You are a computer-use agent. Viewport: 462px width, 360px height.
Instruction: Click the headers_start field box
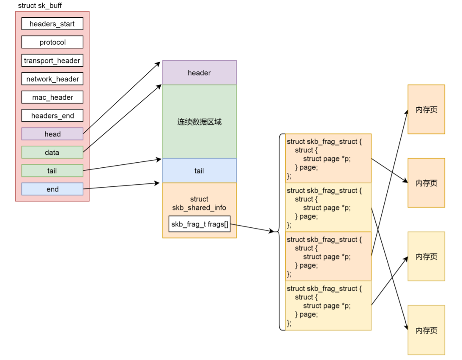(52, 24)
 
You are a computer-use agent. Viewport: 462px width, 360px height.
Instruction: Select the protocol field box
(52, 42)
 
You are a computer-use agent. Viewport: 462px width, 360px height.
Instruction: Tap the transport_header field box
(52, 60)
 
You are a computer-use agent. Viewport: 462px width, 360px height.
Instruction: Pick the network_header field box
(52, 79)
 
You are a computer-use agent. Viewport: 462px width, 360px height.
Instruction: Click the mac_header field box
(52, 97)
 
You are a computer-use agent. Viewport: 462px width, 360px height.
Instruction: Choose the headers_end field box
(52, 116)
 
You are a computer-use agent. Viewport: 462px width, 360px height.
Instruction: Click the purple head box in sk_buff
(52, 134)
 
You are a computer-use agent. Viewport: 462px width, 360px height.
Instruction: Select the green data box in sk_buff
(52, 153)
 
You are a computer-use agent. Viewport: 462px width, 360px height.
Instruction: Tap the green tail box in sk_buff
(52, 171)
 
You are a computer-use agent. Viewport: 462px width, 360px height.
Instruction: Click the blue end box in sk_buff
(52, 189)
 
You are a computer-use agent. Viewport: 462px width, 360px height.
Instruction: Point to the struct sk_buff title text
(40, 5)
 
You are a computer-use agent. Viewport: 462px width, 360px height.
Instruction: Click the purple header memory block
(199, 73)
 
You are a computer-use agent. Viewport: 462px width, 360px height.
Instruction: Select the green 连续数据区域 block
(199, 122)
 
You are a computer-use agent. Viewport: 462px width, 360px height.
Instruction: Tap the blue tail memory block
(199, 171)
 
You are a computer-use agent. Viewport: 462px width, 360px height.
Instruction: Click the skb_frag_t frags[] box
(200, 224)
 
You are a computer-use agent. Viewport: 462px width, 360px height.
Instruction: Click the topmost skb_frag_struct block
(328, 158)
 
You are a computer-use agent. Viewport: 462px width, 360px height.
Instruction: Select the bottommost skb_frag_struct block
(328, 305)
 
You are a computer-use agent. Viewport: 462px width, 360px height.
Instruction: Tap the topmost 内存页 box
(426, 109)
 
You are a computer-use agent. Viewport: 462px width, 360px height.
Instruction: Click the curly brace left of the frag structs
(281, 232)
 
